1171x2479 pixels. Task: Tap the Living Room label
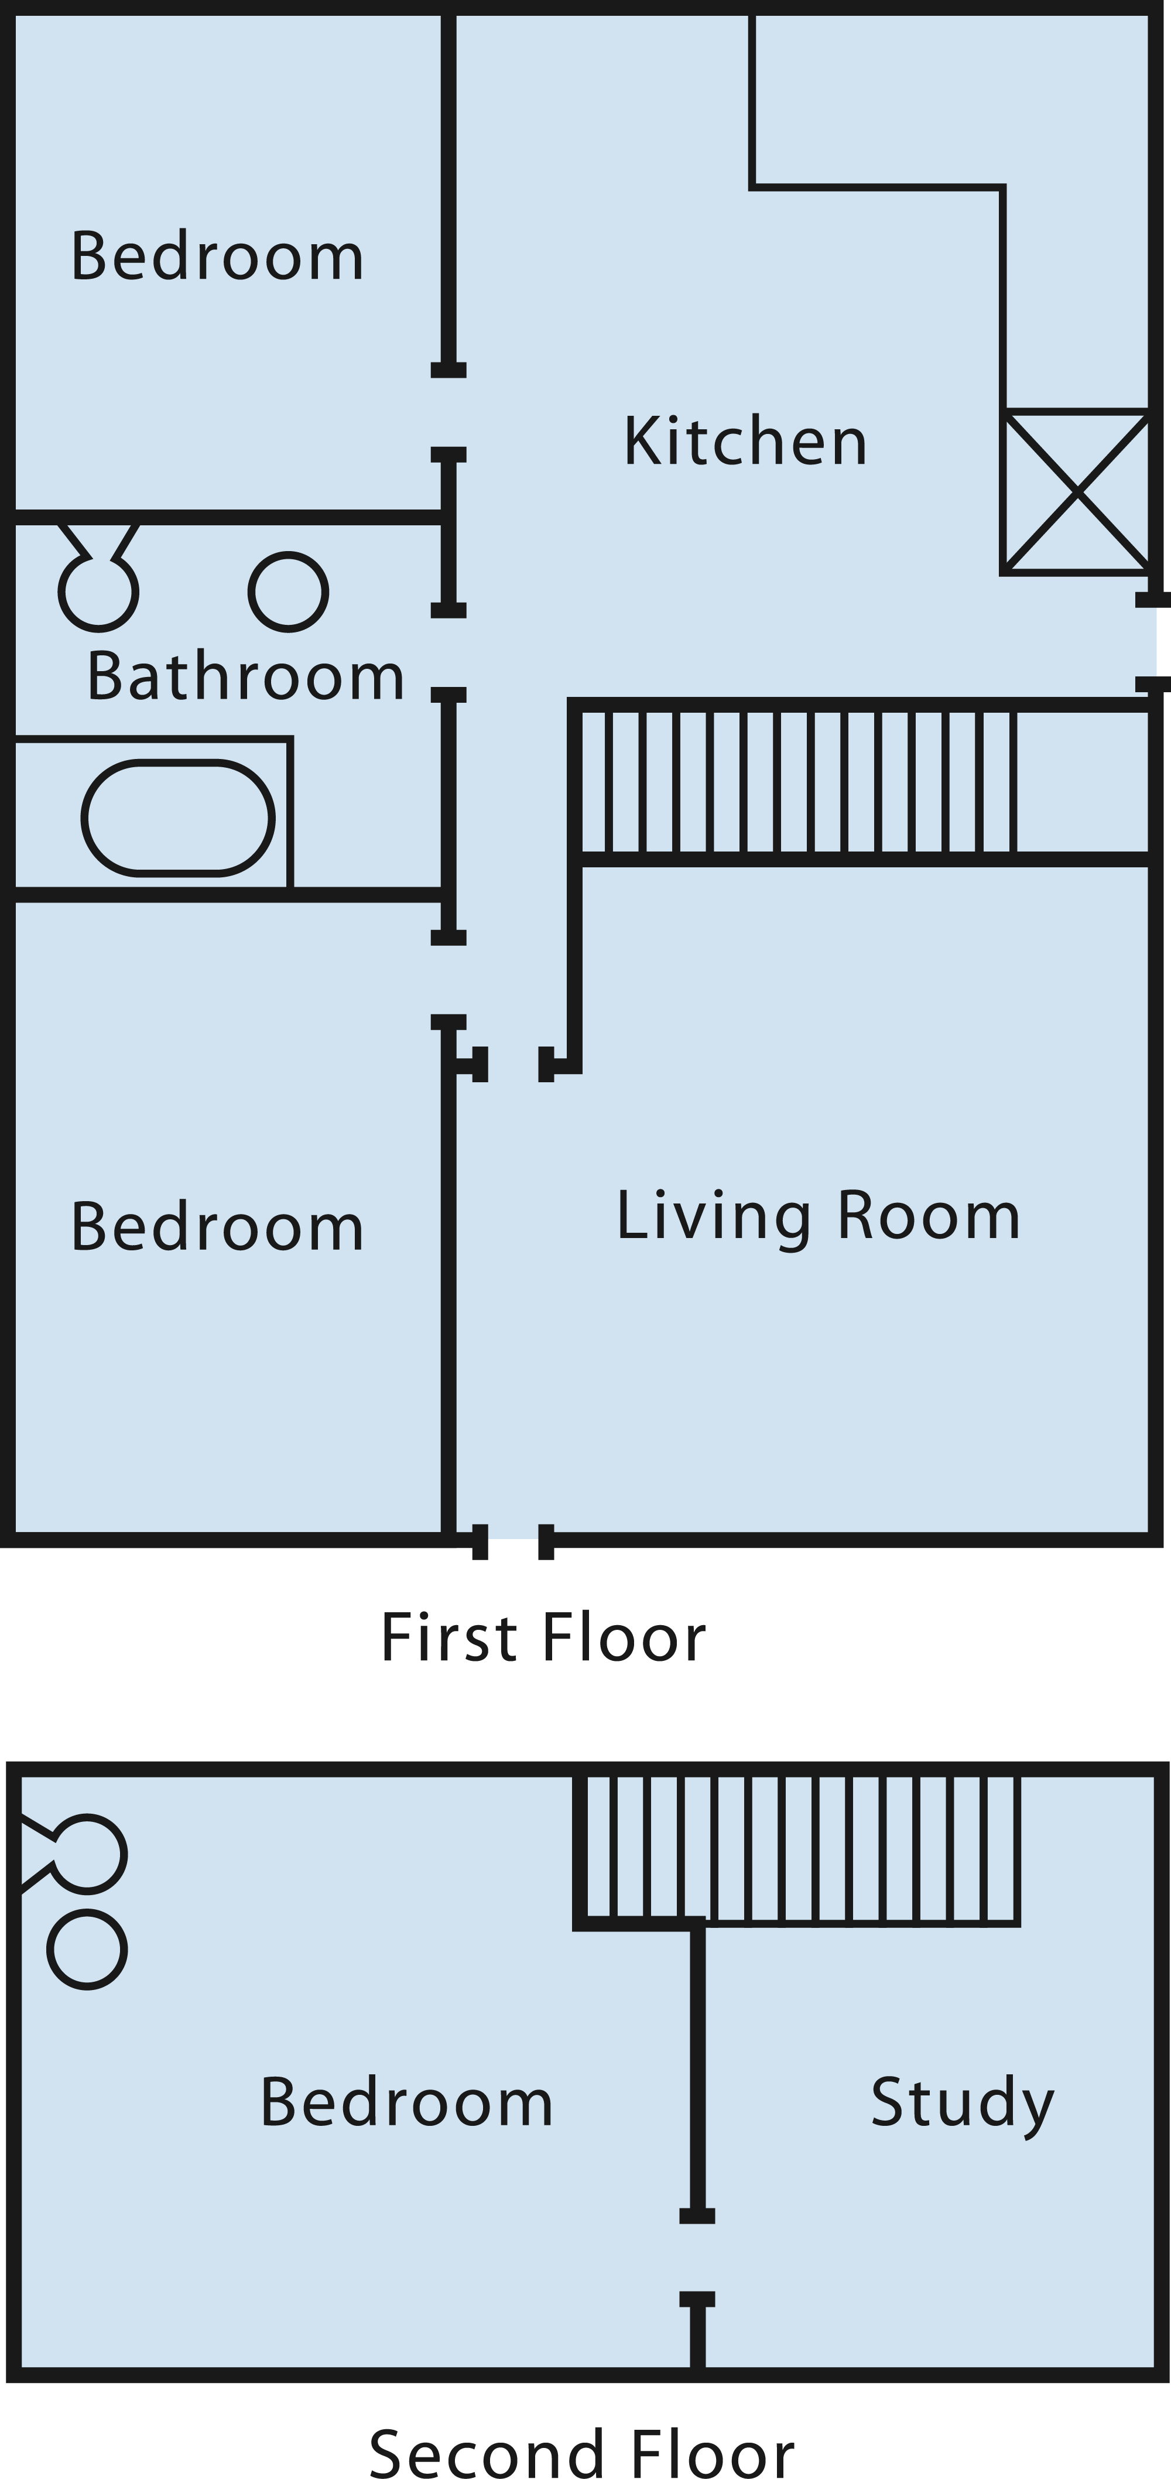(818, 1216)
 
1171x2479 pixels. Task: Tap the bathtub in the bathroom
(178, 818)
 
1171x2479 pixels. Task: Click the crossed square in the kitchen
(1077, 492)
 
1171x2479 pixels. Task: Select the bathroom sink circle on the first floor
(289, 592)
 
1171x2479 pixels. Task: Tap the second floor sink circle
(88, 1950)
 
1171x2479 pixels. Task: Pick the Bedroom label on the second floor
(407, 2102)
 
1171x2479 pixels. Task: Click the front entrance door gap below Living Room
(513, 1541)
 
